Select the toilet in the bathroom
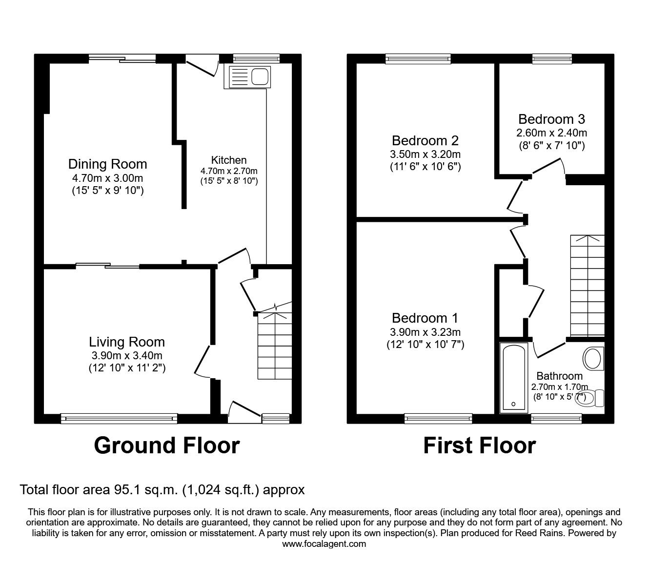592,397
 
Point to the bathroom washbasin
592,358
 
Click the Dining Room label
107,164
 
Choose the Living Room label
127,342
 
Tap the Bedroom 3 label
551,119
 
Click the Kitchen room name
228,160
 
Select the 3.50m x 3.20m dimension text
425,155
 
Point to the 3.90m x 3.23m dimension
425,332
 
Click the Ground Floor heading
166,445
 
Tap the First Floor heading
479,445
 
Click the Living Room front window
119,417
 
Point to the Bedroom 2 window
418,59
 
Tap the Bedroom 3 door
548,167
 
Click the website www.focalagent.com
324,544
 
